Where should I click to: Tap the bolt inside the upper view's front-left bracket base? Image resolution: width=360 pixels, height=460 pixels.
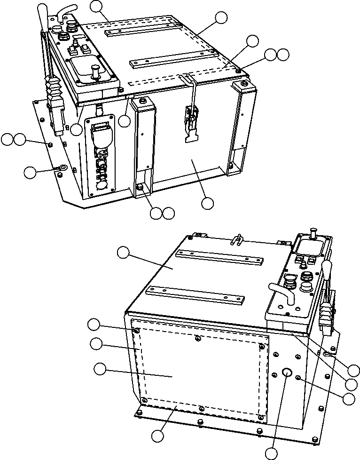coord(140,187)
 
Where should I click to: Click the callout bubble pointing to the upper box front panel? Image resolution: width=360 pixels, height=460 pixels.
coord(207,203)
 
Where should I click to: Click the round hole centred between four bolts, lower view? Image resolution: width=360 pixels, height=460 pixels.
coord(287,372)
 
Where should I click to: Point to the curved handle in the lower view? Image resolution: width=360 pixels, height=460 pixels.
coord(281,290)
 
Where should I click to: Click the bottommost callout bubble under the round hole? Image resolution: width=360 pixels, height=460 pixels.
coord(272,453)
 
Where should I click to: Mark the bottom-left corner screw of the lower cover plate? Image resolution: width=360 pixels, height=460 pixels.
coord(144,400)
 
